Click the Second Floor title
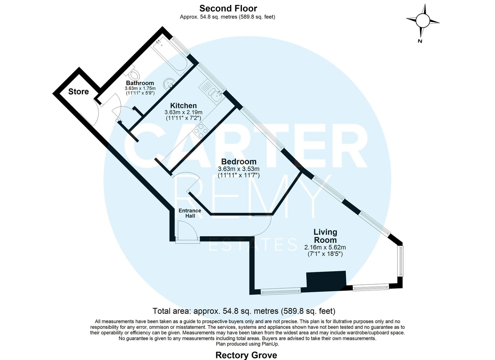click(228, 8)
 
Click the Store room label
click(79, 92)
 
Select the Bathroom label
click(140, 83)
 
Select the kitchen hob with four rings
click(200, 131)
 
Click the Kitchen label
click(183, 106)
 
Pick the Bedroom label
click(239, 162)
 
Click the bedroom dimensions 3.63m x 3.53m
click(239, 169)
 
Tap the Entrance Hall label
click(190, 213)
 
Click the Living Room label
click(325, 236)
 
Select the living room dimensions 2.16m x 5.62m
click(325, 248)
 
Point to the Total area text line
click(244, 311)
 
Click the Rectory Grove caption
click(246, 355)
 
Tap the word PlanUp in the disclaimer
click(270, 344)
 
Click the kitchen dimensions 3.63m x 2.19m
click(183, 112)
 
